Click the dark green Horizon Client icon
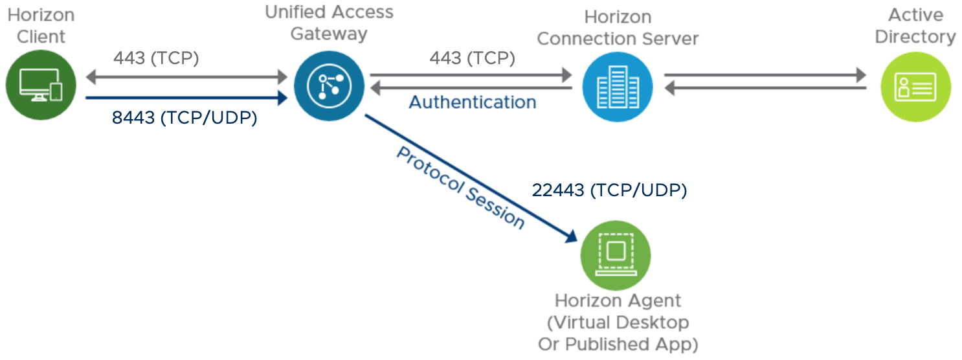point(41,85)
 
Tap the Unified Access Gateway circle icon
point(328,85)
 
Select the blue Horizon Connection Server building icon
point(616,85)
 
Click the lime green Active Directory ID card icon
point(916,85)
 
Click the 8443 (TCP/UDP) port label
point(185,118)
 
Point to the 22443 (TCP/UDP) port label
point(609,190)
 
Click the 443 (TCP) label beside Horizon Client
point(156,58)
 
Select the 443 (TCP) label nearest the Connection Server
point(472,58)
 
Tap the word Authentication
point(473,102)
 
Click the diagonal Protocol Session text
point(460,187)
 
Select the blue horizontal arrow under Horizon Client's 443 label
point(186,99)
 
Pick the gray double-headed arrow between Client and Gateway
point(186,77)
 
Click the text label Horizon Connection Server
point(618,28)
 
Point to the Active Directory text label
point(915,26)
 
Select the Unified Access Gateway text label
point(329,22)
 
